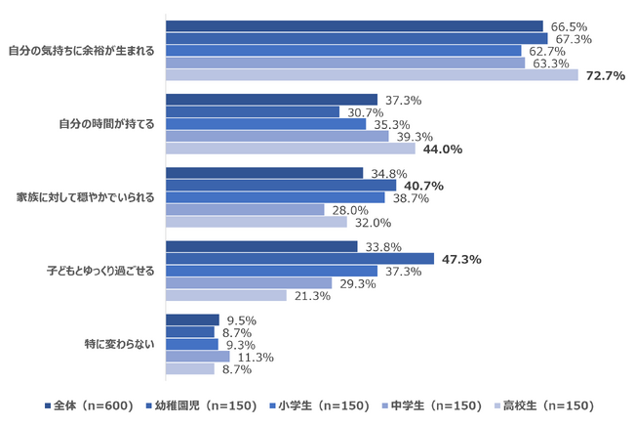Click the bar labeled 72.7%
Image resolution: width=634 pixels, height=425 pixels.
tap(372, 75)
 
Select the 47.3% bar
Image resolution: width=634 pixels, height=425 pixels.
tap(300, 259)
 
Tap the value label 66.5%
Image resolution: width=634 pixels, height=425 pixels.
tap(569, 26)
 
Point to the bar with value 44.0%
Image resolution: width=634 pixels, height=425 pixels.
tap(291, 149)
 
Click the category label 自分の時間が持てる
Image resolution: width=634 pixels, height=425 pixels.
tap(106, 124)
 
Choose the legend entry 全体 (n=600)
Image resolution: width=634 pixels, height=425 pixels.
tap(89, 405)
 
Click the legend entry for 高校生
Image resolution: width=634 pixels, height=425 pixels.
tap(544, 405)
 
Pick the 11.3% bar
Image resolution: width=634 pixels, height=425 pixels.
tap(198, 357)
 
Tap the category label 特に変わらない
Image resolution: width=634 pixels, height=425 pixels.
tap(119, 344)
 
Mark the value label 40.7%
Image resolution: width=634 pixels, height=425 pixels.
tap(423, 186)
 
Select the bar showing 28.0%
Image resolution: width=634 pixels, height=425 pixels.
tap(245, 209)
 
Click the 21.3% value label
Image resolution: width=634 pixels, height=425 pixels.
tap(312, 296)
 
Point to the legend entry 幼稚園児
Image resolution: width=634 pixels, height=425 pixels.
tap(201, 405)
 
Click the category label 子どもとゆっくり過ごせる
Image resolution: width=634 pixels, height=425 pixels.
tap(100, 271)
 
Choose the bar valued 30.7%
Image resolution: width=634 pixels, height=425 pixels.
tap(253, 111)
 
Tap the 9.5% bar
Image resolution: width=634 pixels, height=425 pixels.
tap(192, 319)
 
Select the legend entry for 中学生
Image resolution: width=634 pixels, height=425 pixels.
tap(432, 405)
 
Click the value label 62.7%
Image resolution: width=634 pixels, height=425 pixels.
tap(547, 52)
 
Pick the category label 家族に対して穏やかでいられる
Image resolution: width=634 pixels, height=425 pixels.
tap(86, 197)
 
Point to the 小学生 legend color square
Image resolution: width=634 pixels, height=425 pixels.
tap(272, 405)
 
